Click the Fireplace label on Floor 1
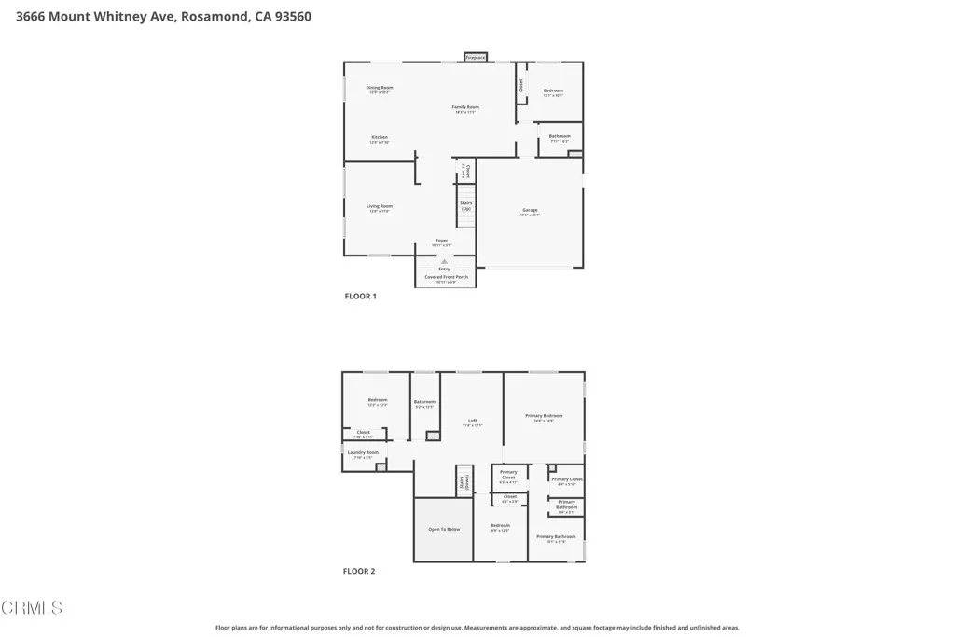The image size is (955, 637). tap(476, 58)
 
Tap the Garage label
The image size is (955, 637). tap(530, 210)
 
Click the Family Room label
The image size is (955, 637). tap(466, 107)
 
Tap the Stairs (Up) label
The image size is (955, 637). tap(466, 205)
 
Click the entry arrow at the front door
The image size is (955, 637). tap(444, 262)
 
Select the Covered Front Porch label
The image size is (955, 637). tap(447, 277)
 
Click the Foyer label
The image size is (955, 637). tap(442, 241)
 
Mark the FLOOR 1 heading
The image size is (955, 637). tap(361, 297)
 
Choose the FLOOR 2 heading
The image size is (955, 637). tap(359, 571)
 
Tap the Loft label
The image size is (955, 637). tap(473, 422)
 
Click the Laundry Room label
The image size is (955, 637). tap(363, 453)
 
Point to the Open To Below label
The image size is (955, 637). tap(444, 529)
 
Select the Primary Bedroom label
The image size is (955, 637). tap(544, 416)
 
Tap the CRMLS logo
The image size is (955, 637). tap(32, 608)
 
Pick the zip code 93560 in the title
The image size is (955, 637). tap(291, 16)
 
